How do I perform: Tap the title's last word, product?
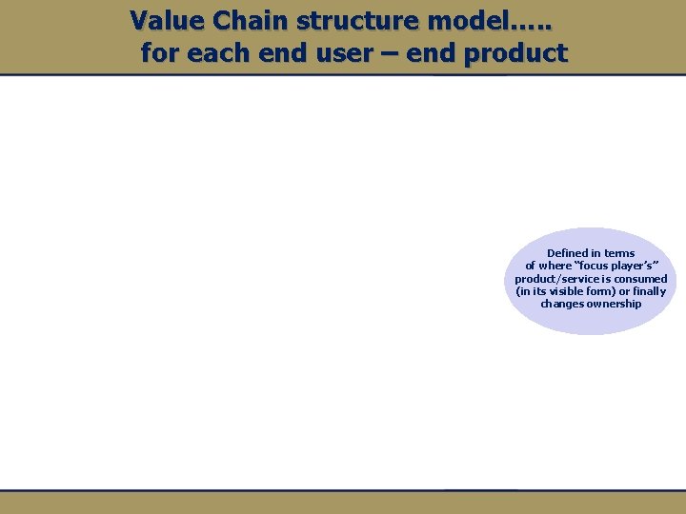pos(515,53)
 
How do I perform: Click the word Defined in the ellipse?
pos(567,253)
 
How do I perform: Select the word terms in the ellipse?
pos(619,253)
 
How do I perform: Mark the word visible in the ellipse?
pos(565,291)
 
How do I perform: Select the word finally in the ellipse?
pos(649,291)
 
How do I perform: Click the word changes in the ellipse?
pos(562,304)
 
